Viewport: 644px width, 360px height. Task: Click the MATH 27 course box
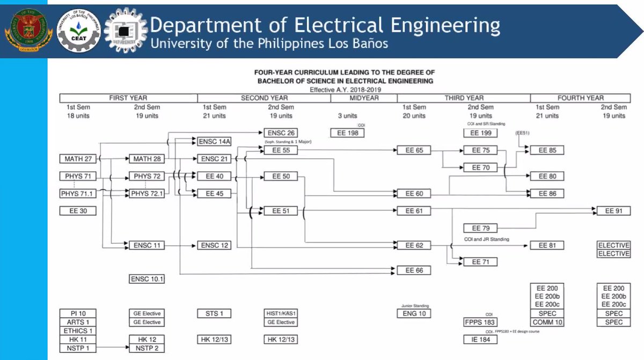coord(78,159)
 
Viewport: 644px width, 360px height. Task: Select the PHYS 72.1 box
coord(147,193)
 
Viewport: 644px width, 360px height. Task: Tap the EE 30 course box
coord(78,211)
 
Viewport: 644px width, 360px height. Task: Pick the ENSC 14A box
coord(214,142)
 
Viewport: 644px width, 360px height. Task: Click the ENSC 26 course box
coord(281,133)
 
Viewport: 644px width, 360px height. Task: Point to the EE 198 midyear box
coord(347,133)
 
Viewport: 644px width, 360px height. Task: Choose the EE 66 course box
coord(414,270)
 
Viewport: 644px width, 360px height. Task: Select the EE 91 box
coord(613,211)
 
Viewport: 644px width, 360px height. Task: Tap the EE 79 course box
coord(480,228)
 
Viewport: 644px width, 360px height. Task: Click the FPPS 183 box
coord(480,322)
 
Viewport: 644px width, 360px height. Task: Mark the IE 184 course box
coord(480,339)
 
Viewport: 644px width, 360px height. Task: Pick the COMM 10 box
coord(547,322)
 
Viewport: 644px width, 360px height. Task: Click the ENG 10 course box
coord(414,313)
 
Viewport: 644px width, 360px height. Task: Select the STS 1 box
coord(214,313)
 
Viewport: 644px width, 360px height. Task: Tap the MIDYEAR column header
coord(364,98)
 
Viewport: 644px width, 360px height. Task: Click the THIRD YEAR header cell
coord(464,98)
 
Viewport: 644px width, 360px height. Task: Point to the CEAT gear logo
coord(79,30)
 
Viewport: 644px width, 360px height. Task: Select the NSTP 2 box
coord(147,348)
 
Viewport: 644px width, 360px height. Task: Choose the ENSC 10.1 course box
coord(147,279)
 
